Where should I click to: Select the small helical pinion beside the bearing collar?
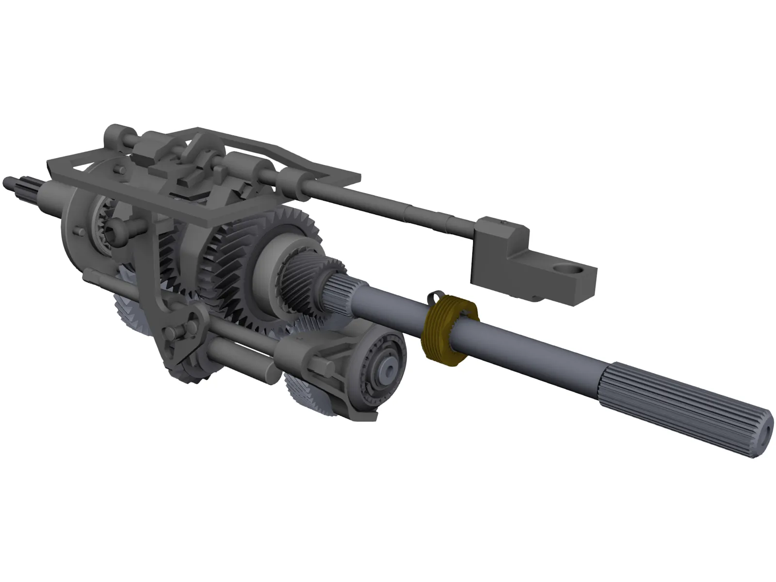[303, 272]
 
